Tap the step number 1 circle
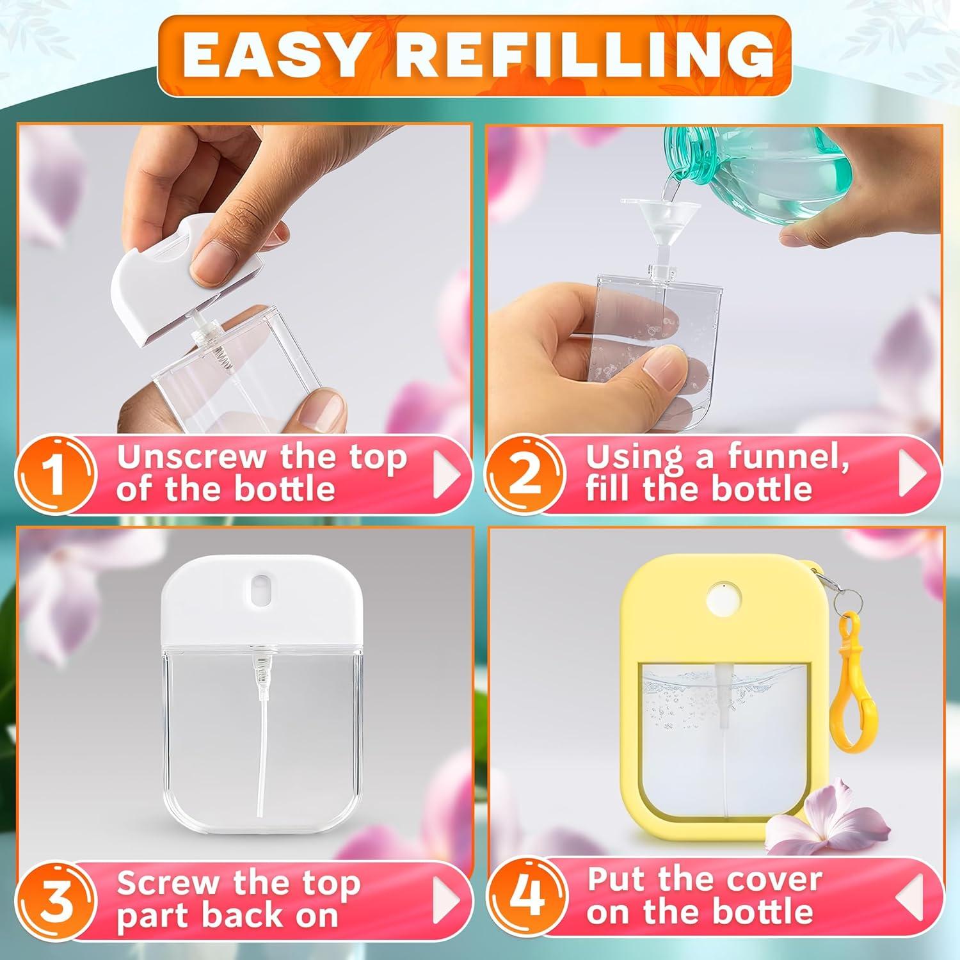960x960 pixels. (56, 475)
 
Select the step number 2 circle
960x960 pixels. (525, 475)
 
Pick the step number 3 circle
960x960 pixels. (56, 899)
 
